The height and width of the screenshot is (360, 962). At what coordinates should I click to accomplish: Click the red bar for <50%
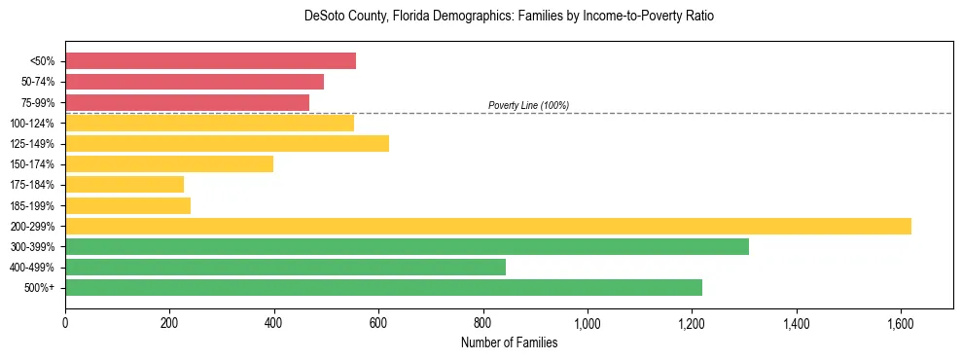coord(210,61)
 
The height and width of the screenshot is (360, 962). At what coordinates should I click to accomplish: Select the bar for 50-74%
coord(195,82)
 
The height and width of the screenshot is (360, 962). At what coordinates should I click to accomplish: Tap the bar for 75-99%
coord(187,102)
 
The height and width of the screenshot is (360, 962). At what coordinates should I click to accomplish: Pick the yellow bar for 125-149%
coord(227,143)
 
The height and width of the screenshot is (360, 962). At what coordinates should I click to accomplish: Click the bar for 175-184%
coord(125,185)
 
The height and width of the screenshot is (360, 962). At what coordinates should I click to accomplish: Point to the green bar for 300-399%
coord(407,246)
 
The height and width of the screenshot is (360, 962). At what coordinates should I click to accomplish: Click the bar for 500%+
coord(383,287)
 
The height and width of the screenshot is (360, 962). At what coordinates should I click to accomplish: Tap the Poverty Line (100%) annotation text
coord(528,105)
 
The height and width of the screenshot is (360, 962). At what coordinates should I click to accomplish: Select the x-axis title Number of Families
coord(510,342)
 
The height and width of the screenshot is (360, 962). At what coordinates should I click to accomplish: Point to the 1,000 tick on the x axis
coord(588,322)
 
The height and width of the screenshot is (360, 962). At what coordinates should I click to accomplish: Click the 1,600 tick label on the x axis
coord(901,322)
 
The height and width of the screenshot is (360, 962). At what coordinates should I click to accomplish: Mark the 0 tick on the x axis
coord(65,322)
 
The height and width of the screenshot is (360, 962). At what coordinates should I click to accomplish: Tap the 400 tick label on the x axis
coord(274,322)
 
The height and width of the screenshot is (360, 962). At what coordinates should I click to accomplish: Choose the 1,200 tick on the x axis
coord(692,322)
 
